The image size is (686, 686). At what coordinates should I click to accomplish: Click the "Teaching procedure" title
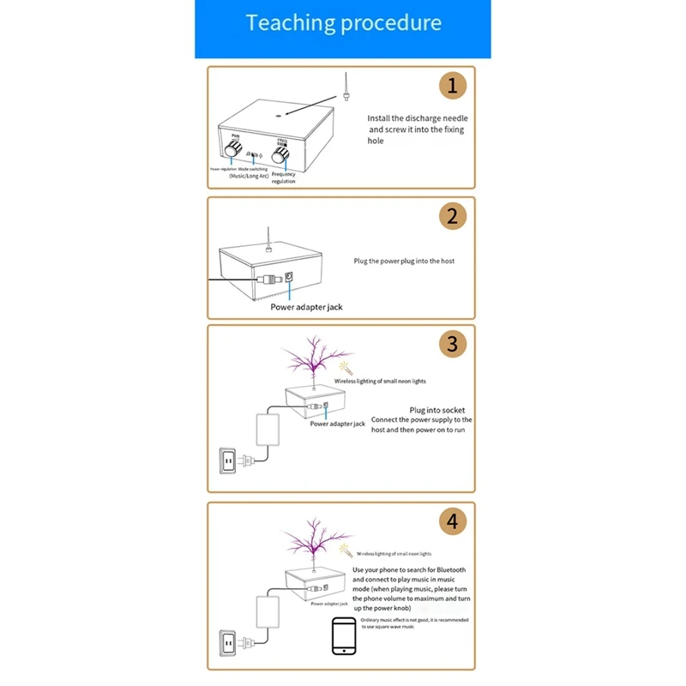coord(343,23)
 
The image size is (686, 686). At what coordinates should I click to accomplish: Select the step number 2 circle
coord(452,216)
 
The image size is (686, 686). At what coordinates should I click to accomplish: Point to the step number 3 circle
coord(452,344)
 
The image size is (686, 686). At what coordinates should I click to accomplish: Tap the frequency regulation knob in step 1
coord(280,154)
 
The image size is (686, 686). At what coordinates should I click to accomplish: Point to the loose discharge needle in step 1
coord(343,87)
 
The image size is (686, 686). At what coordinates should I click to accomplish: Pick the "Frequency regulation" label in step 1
coord(284,178)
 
